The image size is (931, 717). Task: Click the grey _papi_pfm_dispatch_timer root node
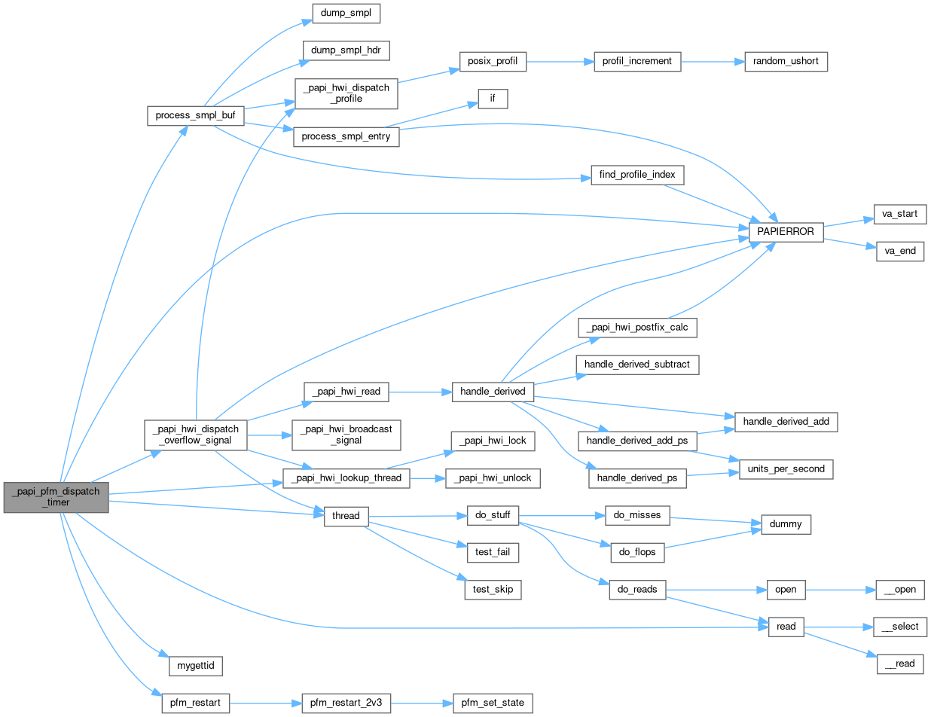pos(56,497)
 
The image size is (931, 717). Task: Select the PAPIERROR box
pos(786,231)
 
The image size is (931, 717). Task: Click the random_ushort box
pos(786,62)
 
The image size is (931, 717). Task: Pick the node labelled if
pos(493,99)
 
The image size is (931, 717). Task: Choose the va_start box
pos(899,214)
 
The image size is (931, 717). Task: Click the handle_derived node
pos(493,392)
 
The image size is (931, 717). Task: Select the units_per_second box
pos(786,468)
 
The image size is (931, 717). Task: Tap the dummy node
pos(786,523)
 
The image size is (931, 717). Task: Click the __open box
pos(899,589)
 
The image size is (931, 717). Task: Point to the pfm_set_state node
pos(493,703)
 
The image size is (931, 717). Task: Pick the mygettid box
pos(195,666)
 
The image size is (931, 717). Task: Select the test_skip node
pos(493,589)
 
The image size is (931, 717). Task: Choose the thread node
pos(346,516)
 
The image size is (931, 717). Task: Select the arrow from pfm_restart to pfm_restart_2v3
pos(264,703)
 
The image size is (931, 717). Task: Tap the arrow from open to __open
pos(840,589)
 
